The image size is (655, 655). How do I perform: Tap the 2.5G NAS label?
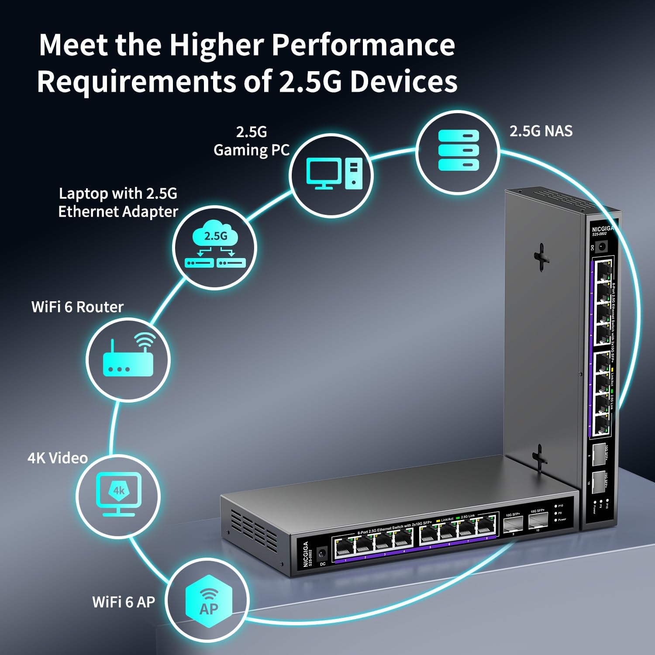(x=541, y=131)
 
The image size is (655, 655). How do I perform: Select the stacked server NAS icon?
(x=458, y=150)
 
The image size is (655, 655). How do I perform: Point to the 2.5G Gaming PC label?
(x=251, y=141)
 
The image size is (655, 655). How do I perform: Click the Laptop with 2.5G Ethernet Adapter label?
(x=118, y=202)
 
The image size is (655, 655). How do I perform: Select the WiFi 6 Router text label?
(x=77, y=307)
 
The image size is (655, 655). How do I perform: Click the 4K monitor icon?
(x=118, y=494)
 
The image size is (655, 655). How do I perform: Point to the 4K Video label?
(x=58, y=458)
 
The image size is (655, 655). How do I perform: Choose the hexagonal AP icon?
(x=208, y=601)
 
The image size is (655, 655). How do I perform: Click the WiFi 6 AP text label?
(x=124, y=602)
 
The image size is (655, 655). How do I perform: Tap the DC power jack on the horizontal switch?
(x=322, y=554)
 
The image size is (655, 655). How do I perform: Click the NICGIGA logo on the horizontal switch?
(x=306, y=555)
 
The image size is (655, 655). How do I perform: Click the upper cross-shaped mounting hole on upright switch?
(x=541, y=256)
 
